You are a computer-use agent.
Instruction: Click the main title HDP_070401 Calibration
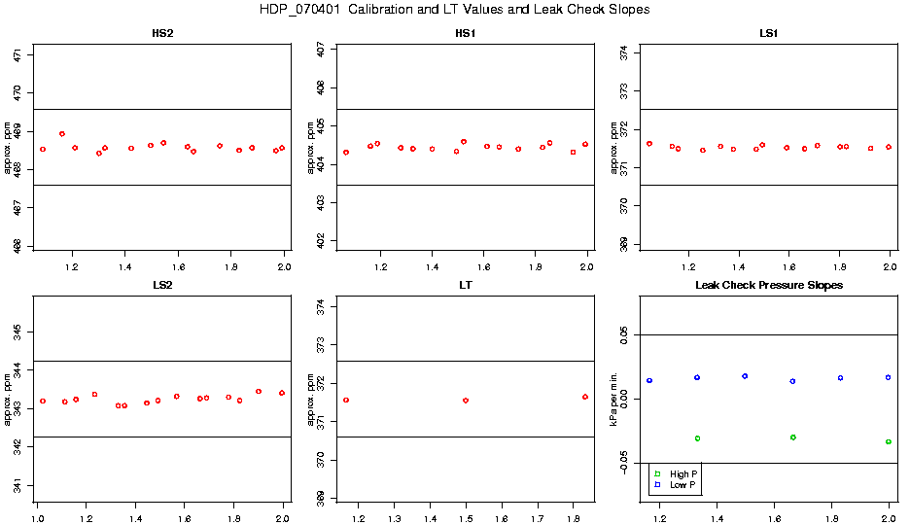[x=454, y=10]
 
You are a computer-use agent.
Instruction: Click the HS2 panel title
[x=163, y=34]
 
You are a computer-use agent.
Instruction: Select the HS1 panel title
[x=466, y=34]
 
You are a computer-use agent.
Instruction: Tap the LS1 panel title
[x=768, y=34]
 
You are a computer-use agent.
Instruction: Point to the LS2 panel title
[x=163, y=286]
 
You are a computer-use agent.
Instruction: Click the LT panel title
[x=466, y=286]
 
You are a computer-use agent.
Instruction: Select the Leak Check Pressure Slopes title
[x=768, y=286]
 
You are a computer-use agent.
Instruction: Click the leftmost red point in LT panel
[x=346, y=400]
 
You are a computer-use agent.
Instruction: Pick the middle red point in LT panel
[x=466, y=401]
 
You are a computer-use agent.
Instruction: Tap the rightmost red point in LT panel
[x=585, y=397]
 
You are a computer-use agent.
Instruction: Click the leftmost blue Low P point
[x=649, y=381]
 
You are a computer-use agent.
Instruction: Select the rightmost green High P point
[x=889, y=441]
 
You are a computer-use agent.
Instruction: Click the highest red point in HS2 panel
[x=62, y=134]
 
